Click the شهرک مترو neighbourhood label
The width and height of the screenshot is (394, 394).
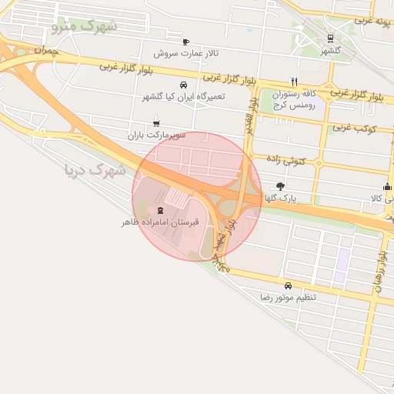pyautogui.click(x=85, y=26)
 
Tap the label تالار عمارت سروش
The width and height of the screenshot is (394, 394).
pyautogui.click(x=186, y=53)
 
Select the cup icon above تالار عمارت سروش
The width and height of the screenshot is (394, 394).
pyautogui.click(x=185, y=42)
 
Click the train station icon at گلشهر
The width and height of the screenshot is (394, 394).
pyautogui.click(x=330, y=38)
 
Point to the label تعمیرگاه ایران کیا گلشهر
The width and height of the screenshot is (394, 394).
pyautogui.click(x=182, y=97)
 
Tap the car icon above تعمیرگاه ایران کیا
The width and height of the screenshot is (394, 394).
pyautogui.click(x=182, y=85)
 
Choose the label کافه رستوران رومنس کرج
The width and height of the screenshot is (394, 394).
pyautogui.click(x=294, y=98)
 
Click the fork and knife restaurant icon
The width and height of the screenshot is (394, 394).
pyautogui.click(x=293, y=81)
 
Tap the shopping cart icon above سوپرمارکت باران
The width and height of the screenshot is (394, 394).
pyautogui.click(x=157, y=122)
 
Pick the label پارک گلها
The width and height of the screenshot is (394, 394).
pyautogui.click(x=281, y=198)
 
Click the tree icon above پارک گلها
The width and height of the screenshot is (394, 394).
pyautogui.click(x=280, y=185)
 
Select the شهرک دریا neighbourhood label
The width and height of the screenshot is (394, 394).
pyautogui.click(x=95, y=170)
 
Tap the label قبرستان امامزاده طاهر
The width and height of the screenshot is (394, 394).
pyautogui.click(x=159, y=222)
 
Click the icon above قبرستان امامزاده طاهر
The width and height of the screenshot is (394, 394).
pyautogui.click(x=160, y=210)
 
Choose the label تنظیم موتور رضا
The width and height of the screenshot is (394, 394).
pyautogui.click(x=288, y=296)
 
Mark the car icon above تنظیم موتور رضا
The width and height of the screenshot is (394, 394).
pyautogui.click(x=288, y=285)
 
